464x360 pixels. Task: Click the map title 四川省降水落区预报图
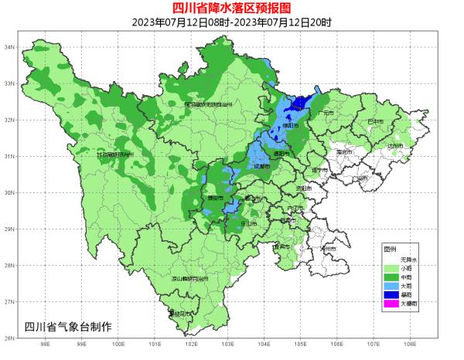pyautogui.click(x=231, y=8)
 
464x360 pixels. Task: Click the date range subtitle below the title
pyautogui.click(x=231, y=22)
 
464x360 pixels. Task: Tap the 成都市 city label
pyautogui.click(x=262, y=166)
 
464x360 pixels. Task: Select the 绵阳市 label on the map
pyautogui.click(x=289, y=126)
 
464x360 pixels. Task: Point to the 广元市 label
pyautogui.click(x=326, y=113)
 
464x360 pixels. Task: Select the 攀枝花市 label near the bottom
pyautogui.click(x=179, y=314)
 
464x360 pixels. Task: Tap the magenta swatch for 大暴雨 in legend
pyautogui.click(x=392, y=304)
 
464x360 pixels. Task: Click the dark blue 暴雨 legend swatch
pyautogui.click(x=392, y=294)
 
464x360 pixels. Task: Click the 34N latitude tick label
pyautogui.click(x=11, y=47)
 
